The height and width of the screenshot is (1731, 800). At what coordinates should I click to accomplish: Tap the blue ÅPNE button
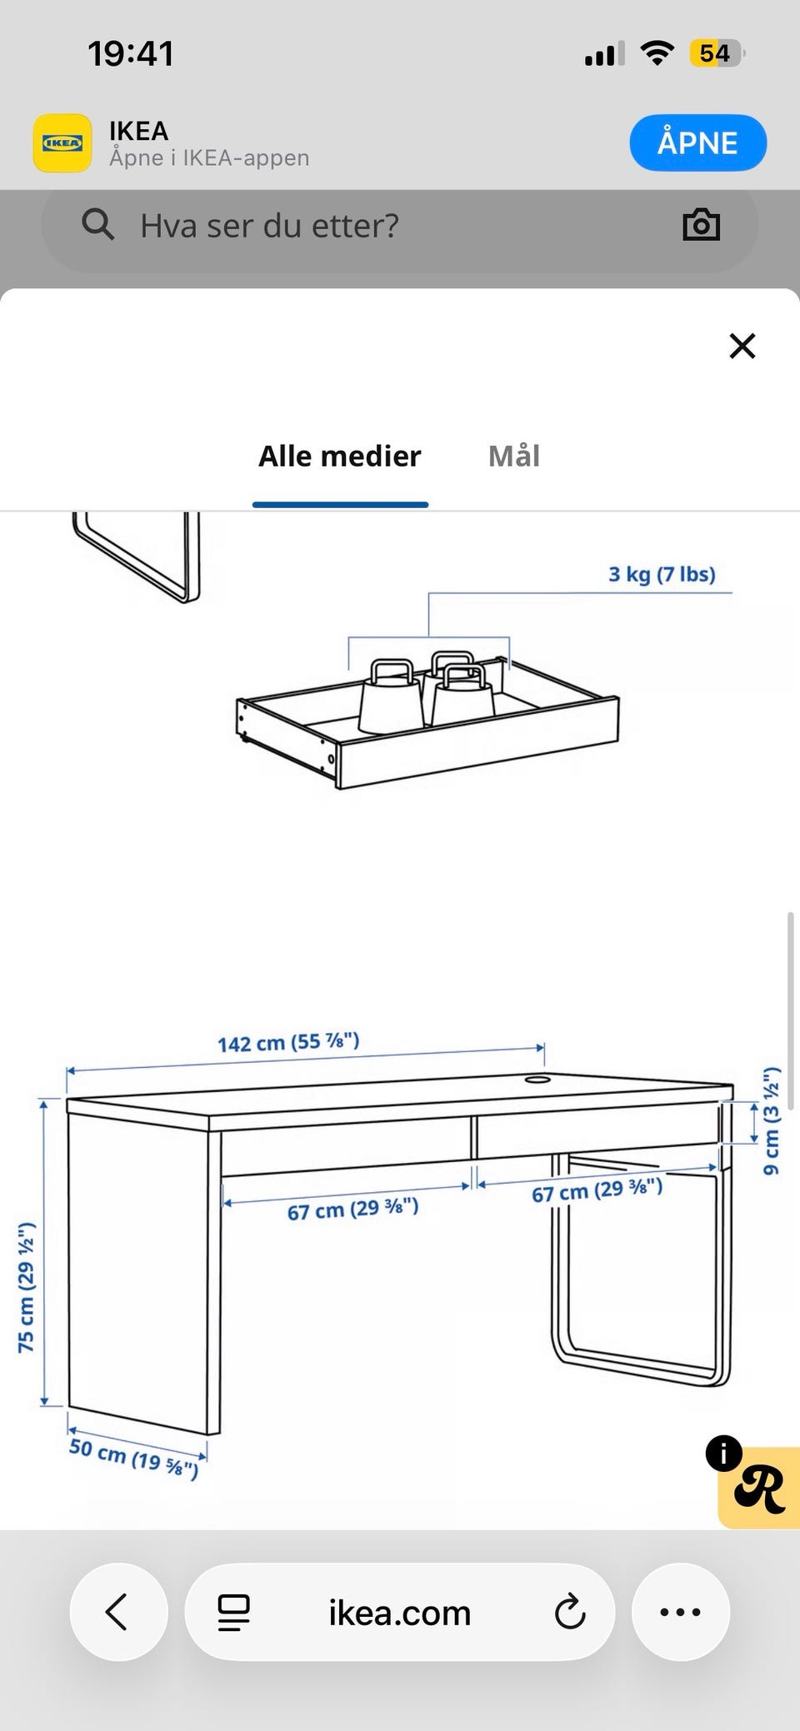pyautogui.click(x=697, y=142)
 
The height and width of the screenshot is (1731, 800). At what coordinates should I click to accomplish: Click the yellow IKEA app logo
pyautogui.click(x=62, y=143)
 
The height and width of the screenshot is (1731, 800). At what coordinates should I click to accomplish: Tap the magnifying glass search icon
pyautogui.click(x=97, y=224)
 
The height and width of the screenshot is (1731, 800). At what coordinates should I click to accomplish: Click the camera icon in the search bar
pyautogui.click(x=701, y=224)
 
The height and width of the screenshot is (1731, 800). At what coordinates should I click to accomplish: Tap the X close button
pyautogui.click(x=742, y=346)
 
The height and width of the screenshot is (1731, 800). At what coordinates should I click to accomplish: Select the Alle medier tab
pyautogui.click(x=340, y=456)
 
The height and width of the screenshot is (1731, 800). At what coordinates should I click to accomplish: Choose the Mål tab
pyautogui.click(x=514, y=456)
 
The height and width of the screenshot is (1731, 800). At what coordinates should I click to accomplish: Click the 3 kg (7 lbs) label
pyautogui.click(x=662, y=574)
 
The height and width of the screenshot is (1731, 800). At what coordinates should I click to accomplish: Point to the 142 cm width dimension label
pyautogui.click(x=288, y=1042)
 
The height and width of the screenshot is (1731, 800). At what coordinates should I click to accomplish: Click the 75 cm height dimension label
pyautogui.click(x=26, y=1287)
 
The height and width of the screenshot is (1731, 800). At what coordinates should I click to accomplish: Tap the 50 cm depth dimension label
pyautogui.click(x=133, y=1458)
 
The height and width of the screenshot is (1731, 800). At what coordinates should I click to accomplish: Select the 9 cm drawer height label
pyautogui.click(x=772, y=1120)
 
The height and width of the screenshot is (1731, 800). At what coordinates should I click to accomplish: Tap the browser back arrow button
pyautogui.click(x=118, y=1611)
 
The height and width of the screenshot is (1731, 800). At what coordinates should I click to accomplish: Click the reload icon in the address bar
pyautogui.click(x=570, y=1611)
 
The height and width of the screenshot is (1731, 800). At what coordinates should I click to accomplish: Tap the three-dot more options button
pyautogui.click(x=681, y=1611)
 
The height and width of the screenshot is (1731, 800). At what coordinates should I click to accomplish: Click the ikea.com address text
pyautogui.click(x=400, y=1613)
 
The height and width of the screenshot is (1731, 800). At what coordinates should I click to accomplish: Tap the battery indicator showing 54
pyautogui.click(x=716, y=53)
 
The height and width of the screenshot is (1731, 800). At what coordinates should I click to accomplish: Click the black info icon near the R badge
pyautogui.click(x=723, y=1454)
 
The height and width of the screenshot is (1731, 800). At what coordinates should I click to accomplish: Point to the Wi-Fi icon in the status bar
pyautogui.click(x=657, y=53)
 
